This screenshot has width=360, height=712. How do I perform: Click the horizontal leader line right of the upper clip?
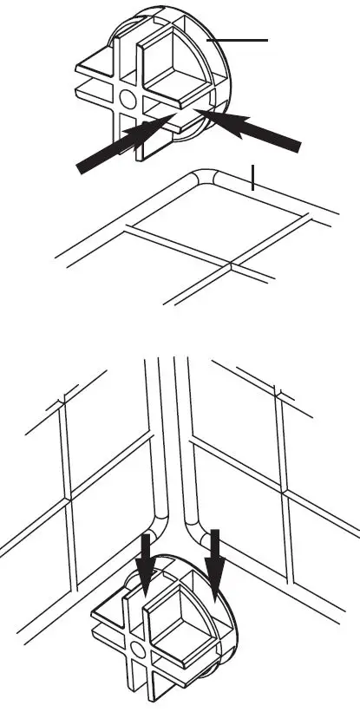click(242, 39)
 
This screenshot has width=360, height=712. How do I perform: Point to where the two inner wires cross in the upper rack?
click(230, 263)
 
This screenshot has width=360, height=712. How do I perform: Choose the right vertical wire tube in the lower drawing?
click(182, 434)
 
